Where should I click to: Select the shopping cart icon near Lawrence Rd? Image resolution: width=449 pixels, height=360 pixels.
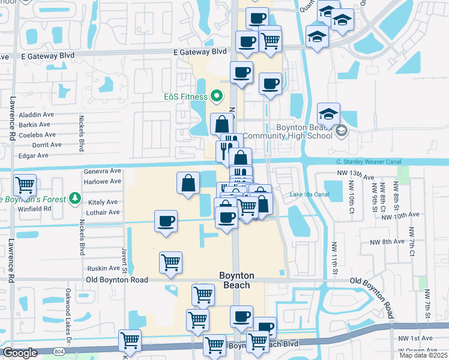click(25, 185)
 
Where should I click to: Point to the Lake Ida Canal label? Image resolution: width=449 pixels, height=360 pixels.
click(309, 194)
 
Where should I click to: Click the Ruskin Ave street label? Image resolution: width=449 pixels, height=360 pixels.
click(103, 268)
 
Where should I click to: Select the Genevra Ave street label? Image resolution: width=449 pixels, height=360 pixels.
click(103, 170)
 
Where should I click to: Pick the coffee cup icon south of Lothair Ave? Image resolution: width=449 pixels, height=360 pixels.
click(166, 221)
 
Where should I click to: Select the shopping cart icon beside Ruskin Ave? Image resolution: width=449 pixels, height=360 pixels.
click(171, 262)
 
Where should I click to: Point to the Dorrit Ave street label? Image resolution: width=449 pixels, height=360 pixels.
click(47, 145)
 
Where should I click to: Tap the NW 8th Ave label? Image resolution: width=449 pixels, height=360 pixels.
click(388, 242)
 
